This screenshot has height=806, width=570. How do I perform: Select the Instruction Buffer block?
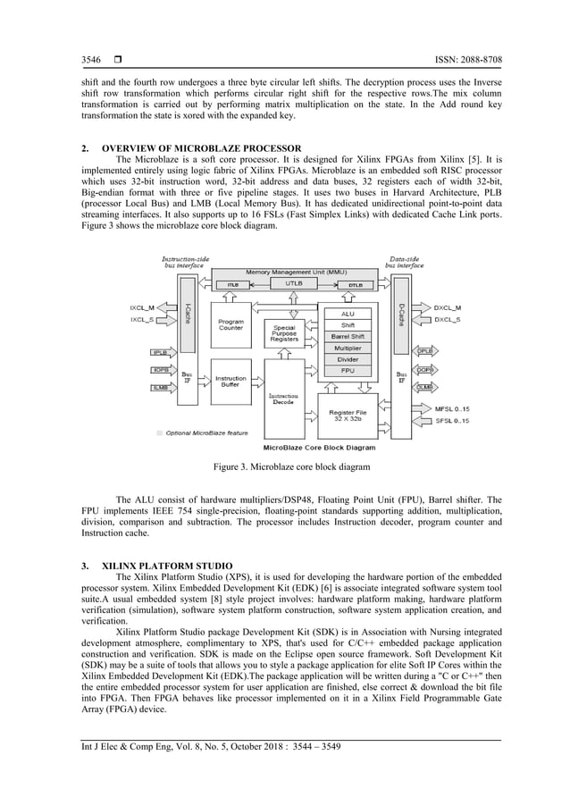[230, 382]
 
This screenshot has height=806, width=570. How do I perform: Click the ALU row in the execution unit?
[348, 314]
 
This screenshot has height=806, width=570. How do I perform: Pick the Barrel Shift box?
[348, 337]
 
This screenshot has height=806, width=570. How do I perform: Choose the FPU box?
[348, 370]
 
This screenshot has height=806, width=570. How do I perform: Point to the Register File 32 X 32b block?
[348, 413]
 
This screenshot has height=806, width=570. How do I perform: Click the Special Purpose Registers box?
[284, 333]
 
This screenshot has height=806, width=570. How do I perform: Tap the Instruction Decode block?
[284, 398]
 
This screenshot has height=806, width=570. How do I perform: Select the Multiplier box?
[348, 348]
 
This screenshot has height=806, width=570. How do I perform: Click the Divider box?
[348, 359]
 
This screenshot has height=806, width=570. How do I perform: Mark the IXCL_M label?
[143, 307]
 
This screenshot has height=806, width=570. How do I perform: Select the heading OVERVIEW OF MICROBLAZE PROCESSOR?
[201, 147]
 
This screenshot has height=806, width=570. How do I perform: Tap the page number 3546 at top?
[91, 61]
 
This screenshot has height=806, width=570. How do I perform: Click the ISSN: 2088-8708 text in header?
[461, 61]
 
